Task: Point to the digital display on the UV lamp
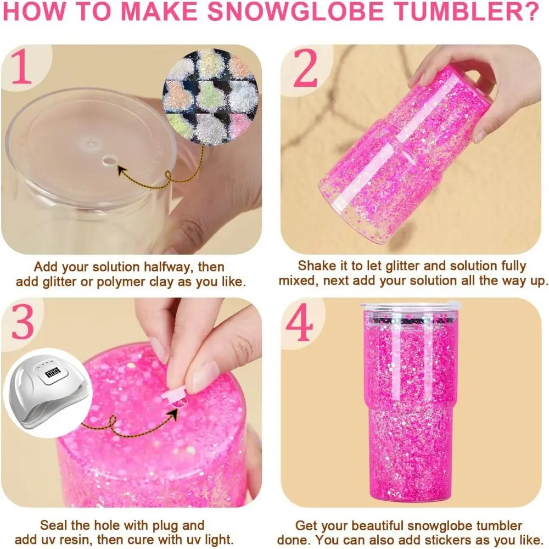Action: (x=53, y=372)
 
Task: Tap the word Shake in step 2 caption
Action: (x=315, y=266)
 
